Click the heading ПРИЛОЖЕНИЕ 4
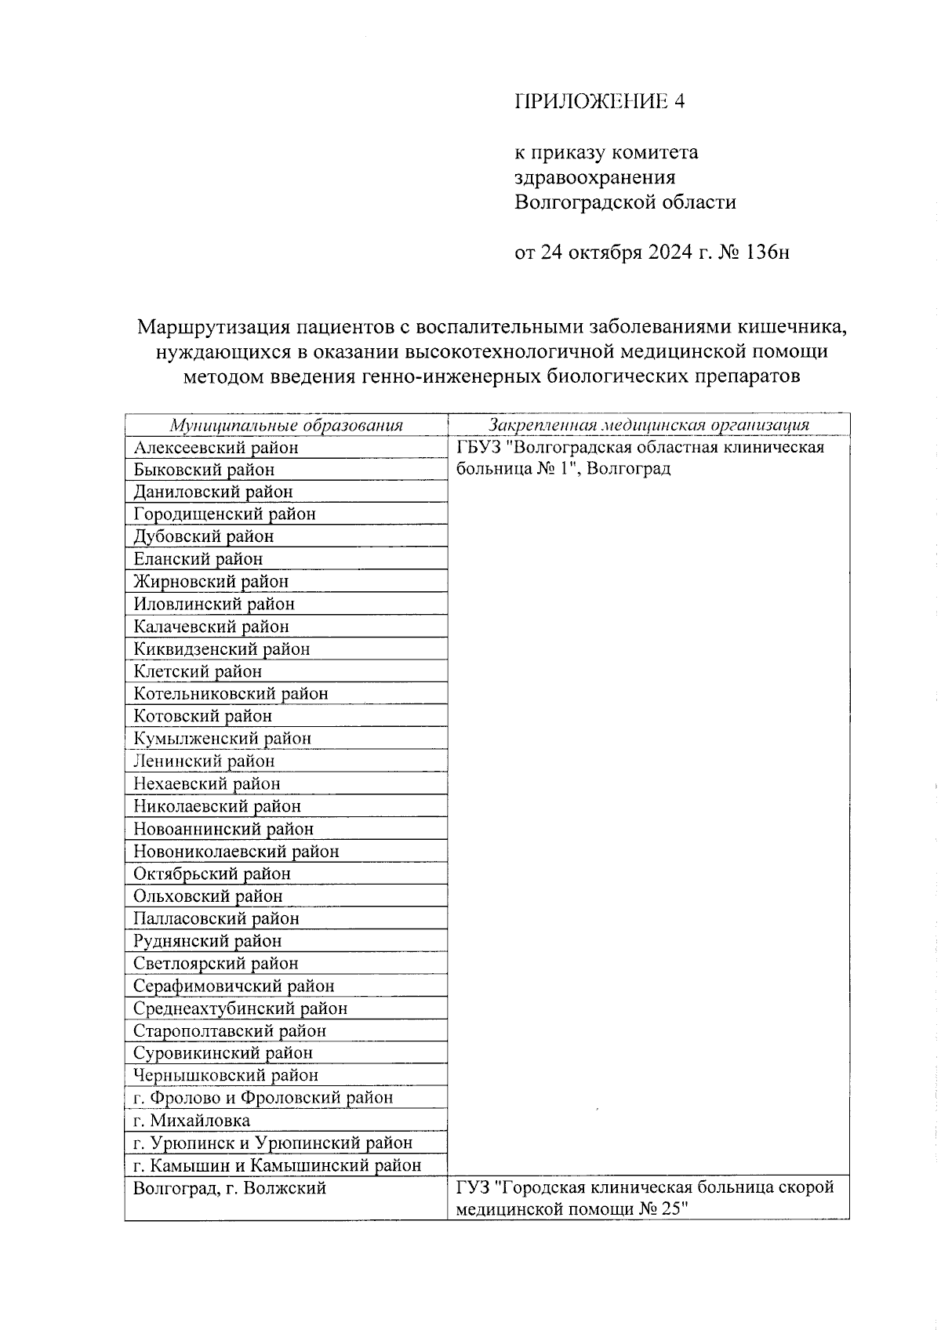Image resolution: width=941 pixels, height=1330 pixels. (600, 101)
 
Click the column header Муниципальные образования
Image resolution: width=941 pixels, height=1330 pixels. (286, 425)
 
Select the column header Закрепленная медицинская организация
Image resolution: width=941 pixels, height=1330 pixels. (649, 425)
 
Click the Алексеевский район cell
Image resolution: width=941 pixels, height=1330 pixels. (216, 448)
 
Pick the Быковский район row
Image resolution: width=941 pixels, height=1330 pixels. (204, 470)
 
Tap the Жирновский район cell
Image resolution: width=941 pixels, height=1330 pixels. (211, 582)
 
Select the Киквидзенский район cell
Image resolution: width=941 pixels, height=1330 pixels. (222, 649)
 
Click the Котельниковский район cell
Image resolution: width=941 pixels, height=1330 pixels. (231, 694)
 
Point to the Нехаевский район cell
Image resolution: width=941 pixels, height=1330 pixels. (207, 783)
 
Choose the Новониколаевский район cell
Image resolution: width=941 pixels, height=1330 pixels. (236, 852)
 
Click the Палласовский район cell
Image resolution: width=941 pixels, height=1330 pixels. (216, 918)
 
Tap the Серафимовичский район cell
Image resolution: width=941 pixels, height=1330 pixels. (234, 986)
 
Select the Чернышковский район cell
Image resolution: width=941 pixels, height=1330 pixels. (226, 1075)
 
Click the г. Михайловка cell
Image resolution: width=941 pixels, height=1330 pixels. (192, 1121)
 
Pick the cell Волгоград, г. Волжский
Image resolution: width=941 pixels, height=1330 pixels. (229, 1189)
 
